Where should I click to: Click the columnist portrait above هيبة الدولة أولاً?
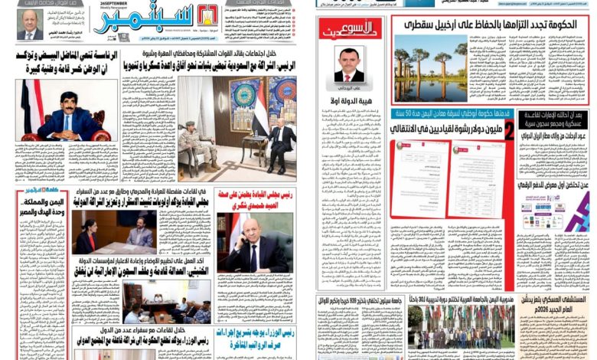pos(350,64)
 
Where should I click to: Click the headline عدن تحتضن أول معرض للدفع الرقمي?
pos(556,185)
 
